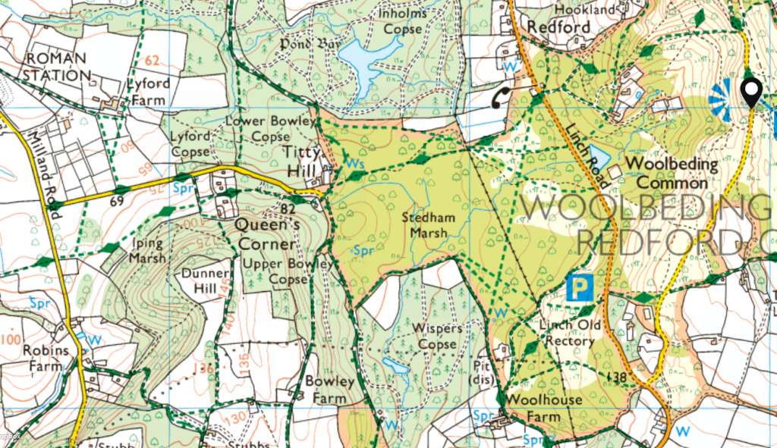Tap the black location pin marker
751,92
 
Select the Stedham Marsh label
429,225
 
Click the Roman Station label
56,67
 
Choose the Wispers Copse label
436,337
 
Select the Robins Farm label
45,359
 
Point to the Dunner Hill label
204,280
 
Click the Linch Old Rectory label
569,334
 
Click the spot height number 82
288,208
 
